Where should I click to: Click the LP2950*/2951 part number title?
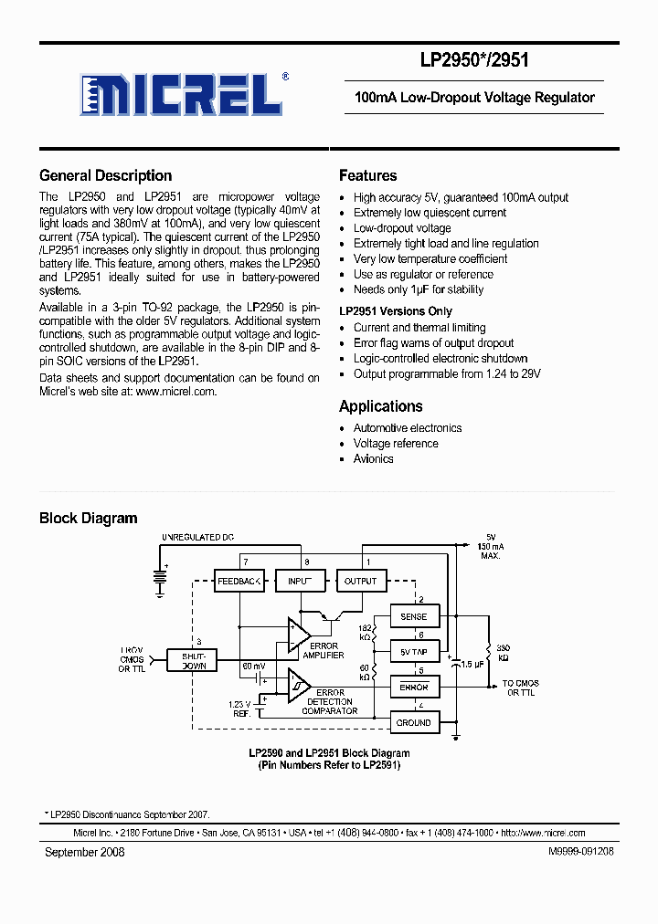coord(473,61)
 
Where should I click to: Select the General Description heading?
coord(105,175)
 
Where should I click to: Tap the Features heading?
coord(367,175)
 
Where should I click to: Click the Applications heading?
coord(380,406)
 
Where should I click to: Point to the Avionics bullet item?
coord(373,458)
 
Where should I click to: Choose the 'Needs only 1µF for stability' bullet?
coord(419,289)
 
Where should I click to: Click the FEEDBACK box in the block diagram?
coord(239,581)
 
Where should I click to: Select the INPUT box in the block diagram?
coord(300,581)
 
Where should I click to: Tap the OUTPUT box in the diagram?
coord(360,581)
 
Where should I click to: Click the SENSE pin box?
coord(414,616)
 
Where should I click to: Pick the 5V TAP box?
coord(414,652)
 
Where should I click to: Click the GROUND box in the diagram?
coord(414,722)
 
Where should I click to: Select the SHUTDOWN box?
coord(194,660)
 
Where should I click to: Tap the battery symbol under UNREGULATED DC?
coord(162,578)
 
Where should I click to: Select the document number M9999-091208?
coord(581,851)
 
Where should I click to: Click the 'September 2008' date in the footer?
coord(85,851)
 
